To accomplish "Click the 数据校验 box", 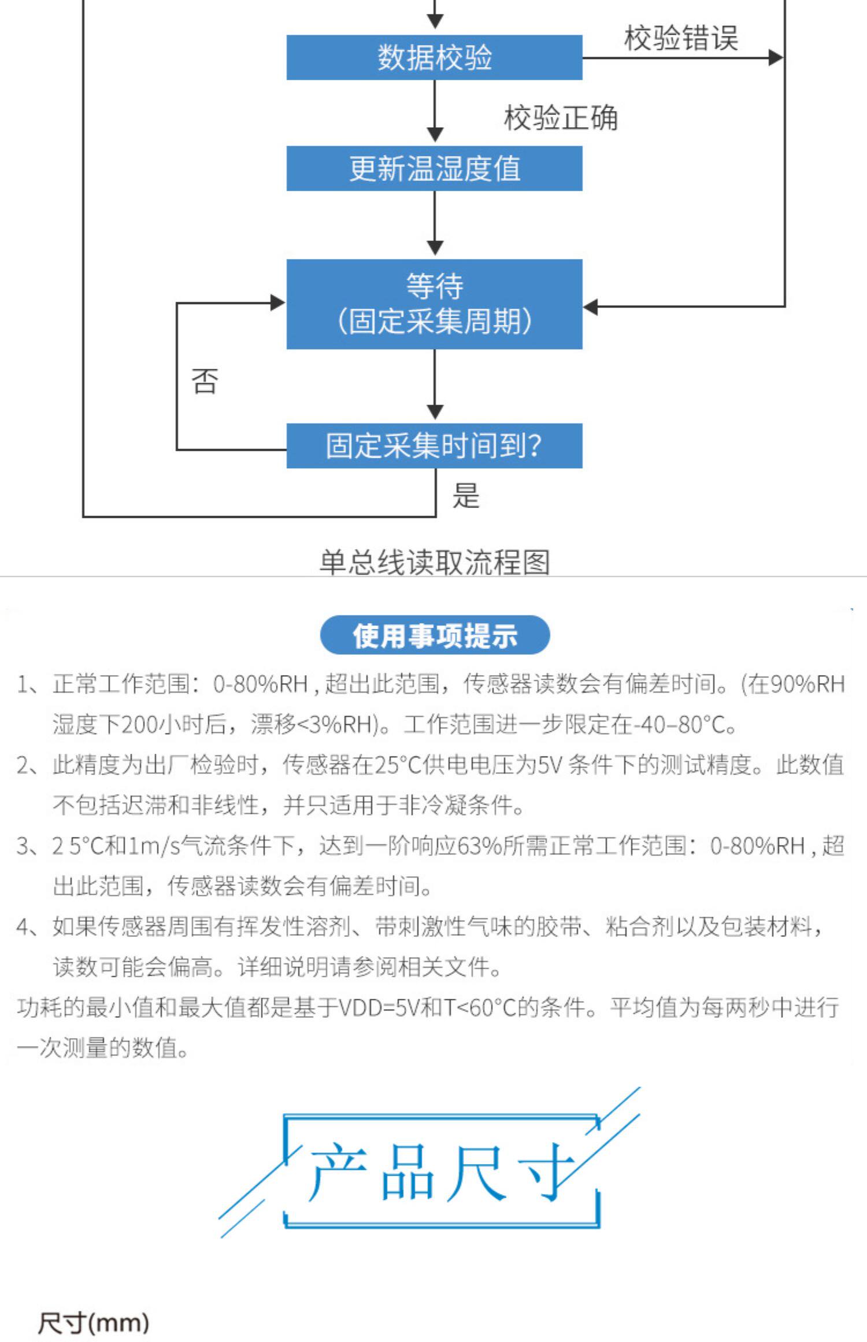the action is [x=434, y=57].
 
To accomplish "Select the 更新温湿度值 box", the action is [x=434, y=168].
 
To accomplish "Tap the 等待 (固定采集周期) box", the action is [x=434, y=304].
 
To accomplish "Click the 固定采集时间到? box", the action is [x=434, y=446].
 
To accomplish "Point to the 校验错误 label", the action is [x=681, y=38].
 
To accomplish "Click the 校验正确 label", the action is [x=561, y=118].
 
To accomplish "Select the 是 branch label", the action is [x=466, y=495].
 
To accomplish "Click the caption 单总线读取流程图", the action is [x=435, y=562].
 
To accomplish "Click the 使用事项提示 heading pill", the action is [x=435, y=635].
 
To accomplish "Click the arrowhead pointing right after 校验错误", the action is [x=776, y=57].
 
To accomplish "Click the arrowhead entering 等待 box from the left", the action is [x=278, y=302].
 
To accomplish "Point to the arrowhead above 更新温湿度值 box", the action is [x=435, y=135].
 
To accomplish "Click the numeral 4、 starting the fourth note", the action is [x=29, y=926].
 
